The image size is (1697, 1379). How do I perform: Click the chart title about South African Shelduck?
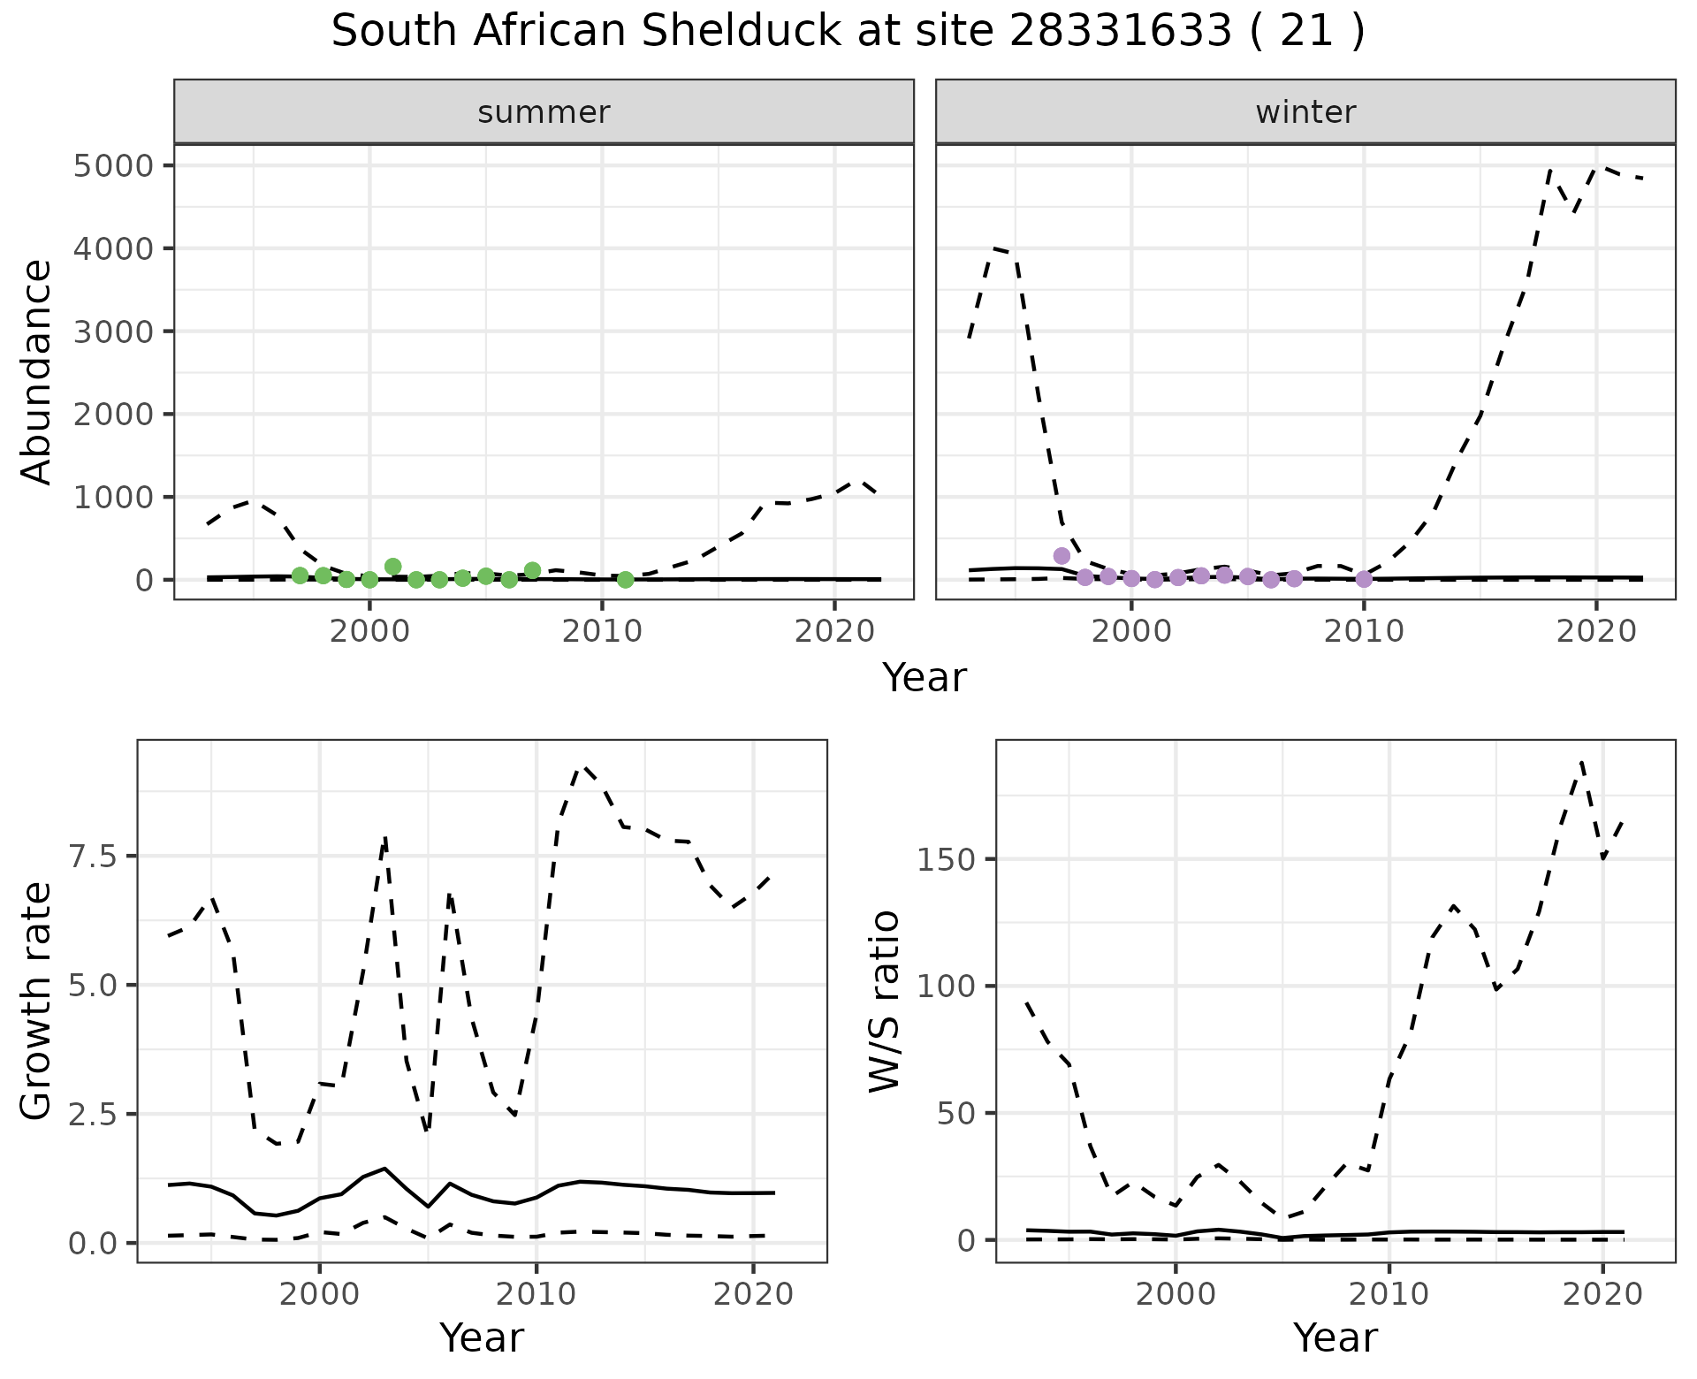tap(848, 32)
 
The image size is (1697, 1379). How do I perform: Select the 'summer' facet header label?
tap(544, 112)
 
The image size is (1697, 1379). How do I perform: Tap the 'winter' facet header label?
tap(1305, 112)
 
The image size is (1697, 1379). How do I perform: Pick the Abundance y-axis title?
tap(37, 371)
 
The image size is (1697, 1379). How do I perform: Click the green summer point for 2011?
tap(625, 580)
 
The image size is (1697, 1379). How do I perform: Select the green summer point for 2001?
tap(393, 567)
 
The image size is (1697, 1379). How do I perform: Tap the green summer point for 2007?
tap(532, 571)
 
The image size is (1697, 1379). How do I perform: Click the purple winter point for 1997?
tap(1062, 556)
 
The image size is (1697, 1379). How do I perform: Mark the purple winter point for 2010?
tap(1364, 579)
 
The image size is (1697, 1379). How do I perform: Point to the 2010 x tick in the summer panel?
tap(602, 631)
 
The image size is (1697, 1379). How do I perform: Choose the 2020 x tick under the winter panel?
tap(1596, 631)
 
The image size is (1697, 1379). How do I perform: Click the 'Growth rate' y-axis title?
tap(37, 1001)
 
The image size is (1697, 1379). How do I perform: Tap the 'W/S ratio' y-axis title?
tap(884, 1001)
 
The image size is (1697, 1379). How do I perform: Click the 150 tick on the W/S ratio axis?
tap(945, 860)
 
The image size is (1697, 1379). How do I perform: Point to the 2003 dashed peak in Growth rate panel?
tap(385, 836)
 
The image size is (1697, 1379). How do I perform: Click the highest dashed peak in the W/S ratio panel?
tap(1581, 761)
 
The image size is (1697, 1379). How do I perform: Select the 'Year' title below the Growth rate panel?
tap(482, 1337)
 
